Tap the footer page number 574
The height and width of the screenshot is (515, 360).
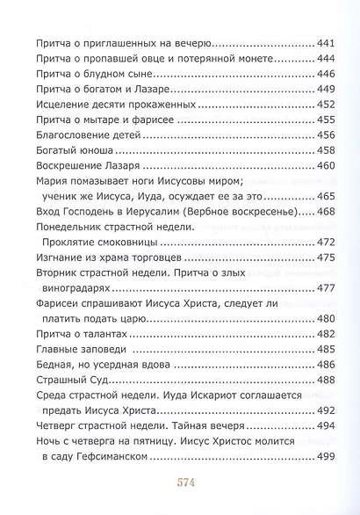[x=180, y=483]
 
